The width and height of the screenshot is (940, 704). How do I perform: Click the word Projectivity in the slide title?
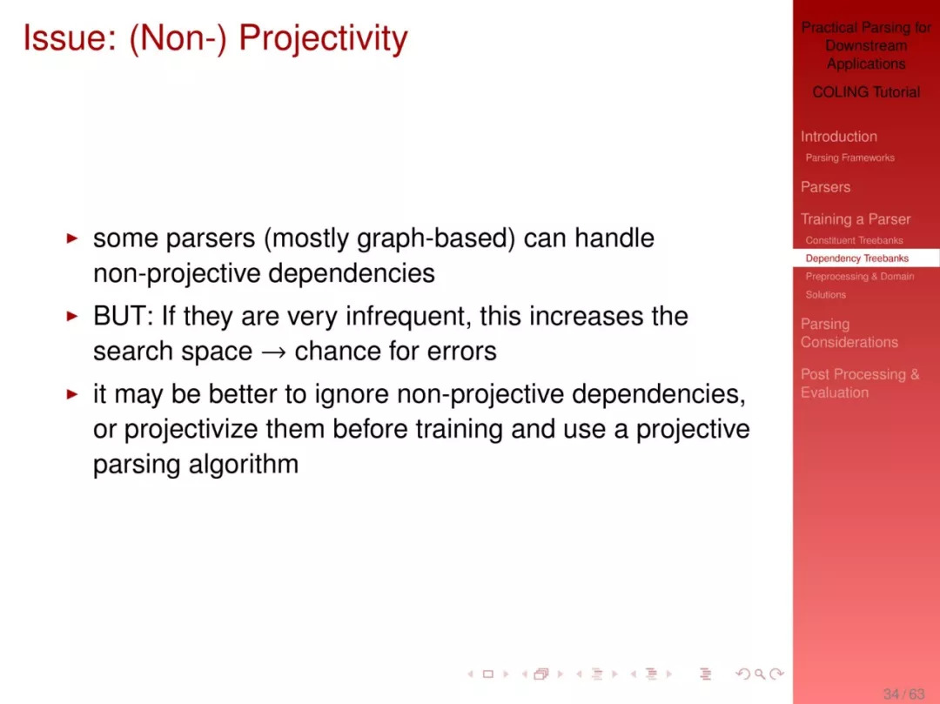pyautogui.click(x=323, y=38)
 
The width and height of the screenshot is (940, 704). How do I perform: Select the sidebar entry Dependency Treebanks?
pyautogui.click(x=856, y=258)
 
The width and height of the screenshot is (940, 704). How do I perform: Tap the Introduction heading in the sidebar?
pyautogui.click(x=839, y=137)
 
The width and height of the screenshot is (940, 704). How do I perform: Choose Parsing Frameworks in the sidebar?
pyautogui.click(x=849, y=158)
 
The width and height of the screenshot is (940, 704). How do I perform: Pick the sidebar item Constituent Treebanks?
pyautogui.click(x=854, y=240)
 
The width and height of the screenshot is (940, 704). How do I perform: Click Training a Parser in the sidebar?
pyautogui.click(x=856, y=219)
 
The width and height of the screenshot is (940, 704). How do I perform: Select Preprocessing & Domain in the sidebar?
pyautogui.click(x=860, y=276)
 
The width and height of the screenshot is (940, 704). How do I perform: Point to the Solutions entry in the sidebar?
pyautogui.click(x=825, y=294)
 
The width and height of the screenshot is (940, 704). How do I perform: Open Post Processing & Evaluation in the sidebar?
pyautogui.click(x=860, y=384)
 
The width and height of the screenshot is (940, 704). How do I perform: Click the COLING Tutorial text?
pyautogui.click(x=866, y=91)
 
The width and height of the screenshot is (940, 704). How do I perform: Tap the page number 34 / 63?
pyautogui.click(x=903, y=694)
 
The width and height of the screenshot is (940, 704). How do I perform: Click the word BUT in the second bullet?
pyautogui.click(x=119, y=316)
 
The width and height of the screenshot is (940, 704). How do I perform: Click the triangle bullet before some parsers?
pyautogui.click(x=72, y=238)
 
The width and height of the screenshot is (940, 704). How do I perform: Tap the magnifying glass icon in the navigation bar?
pyautogui.click(x=760, y=674)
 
